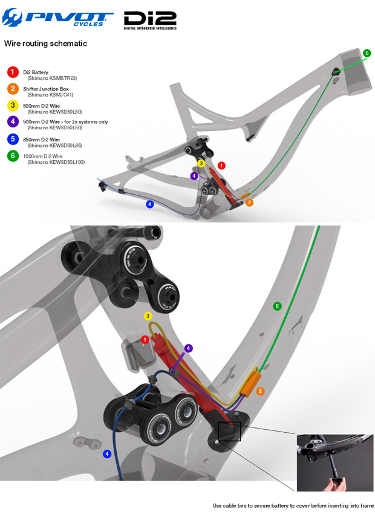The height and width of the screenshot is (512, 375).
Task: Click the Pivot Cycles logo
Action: pos(57,21)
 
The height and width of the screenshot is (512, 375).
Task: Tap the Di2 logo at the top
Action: pos(149,21)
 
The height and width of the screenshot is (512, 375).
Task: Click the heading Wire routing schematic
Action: pos(46,44)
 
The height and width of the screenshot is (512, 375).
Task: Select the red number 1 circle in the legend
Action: pos(11,72)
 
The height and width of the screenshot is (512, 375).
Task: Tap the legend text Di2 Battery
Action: pos(37,72)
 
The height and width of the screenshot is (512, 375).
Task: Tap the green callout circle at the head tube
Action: pos(367,54)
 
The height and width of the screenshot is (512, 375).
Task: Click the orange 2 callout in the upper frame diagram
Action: pos(249,203)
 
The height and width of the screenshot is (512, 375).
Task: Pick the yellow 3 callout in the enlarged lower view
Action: pos(148,316)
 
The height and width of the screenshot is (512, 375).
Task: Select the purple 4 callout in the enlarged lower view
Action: pos(189,348)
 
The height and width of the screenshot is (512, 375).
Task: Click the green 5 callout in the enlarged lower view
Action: pos(278,306)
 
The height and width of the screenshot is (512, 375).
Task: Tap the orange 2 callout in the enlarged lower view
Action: pos(261,391)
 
